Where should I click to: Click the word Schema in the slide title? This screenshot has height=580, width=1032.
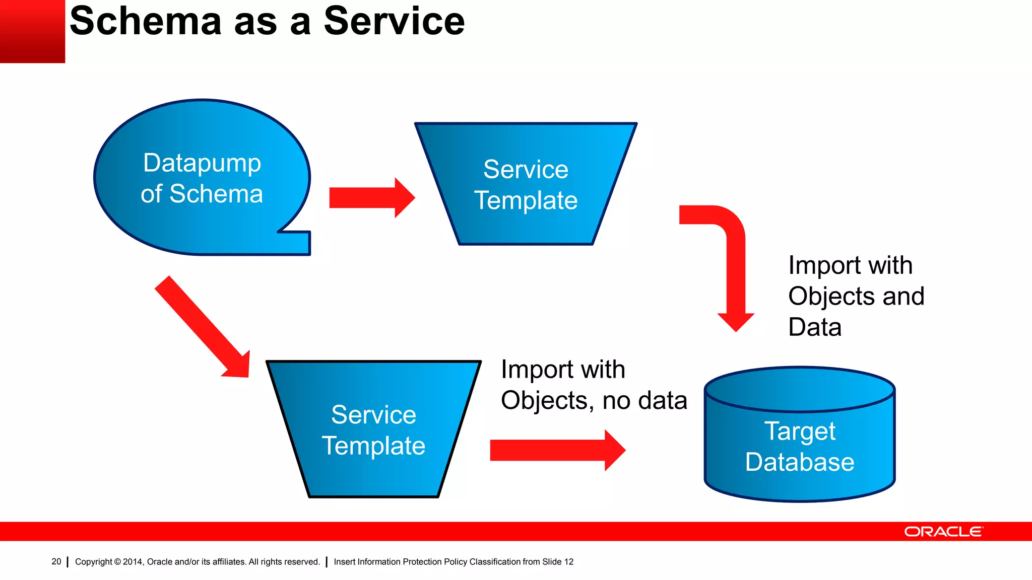146,21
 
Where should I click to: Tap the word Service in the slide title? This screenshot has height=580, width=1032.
394,21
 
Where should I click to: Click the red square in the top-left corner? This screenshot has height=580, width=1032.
32,31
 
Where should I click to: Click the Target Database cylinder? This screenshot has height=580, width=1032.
799,478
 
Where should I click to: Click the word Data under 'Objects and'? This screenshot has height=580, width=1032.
815,327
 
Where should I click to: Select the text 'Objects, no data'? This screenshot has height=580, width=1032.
594,401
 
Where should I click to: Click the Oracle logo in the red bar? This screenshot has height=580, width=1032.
943,532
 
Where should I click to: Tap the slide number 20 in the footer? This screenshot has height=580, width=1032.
56,561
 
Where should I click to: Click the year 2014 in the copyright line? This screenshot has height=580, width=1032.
133,562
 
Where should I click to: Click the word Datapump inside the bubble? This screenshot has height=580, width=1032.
202,163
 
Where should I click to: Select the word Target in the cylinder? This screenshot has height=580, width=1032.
800,431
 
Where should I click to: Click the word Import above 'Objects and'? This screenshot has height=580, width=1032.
824,265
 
